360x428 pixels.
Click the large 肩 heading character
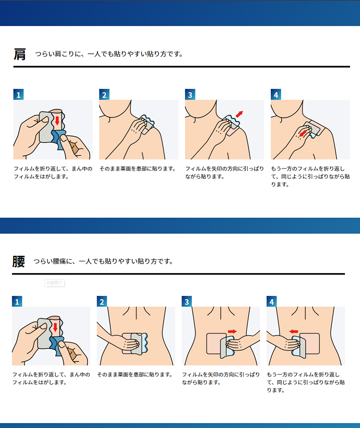(x=20, y=54)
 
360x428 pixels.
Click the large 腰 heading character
(x=19, y=261)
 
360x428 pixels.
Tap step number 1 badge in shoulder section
(x=19, y=94)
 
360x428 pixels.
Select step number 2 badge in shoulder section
(x=104, y=94)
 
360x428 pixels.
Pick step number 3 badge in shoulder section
(x=190, y=94)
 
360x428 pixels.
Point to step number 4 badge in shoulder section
(x=276, y=94)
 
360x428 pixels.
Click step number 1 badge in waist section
(x=17, y=301)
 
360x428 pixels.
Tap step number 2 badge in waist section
(x=102, y=301)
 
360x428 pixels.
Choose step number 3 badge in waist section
(x=187, y=301)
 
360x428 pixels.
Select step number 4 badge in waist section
(x=272, y=301)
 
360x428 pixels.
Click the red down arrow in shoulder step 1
(x=57, y=120)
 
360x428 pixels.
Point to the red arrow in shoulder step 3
(x=239, y=114)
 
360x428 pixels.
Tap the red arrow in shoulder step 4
(x=303, y=133)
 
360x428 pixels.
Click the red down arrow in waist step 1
(x=55, y=327)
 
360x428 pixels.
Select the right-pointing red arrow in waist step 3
(x=232, y=331)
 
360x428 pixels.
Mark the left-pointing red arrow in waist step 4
(x=293, y=331)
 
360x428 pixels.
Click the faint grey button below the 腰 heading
(x=55, y=283)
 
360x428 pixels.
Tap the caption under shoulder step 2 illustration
(x=138, y=168)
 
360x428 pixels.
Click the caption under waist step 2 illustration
(x=135, y=374)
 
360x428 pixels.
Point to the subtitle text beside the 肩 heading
(x=109, y=54)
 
